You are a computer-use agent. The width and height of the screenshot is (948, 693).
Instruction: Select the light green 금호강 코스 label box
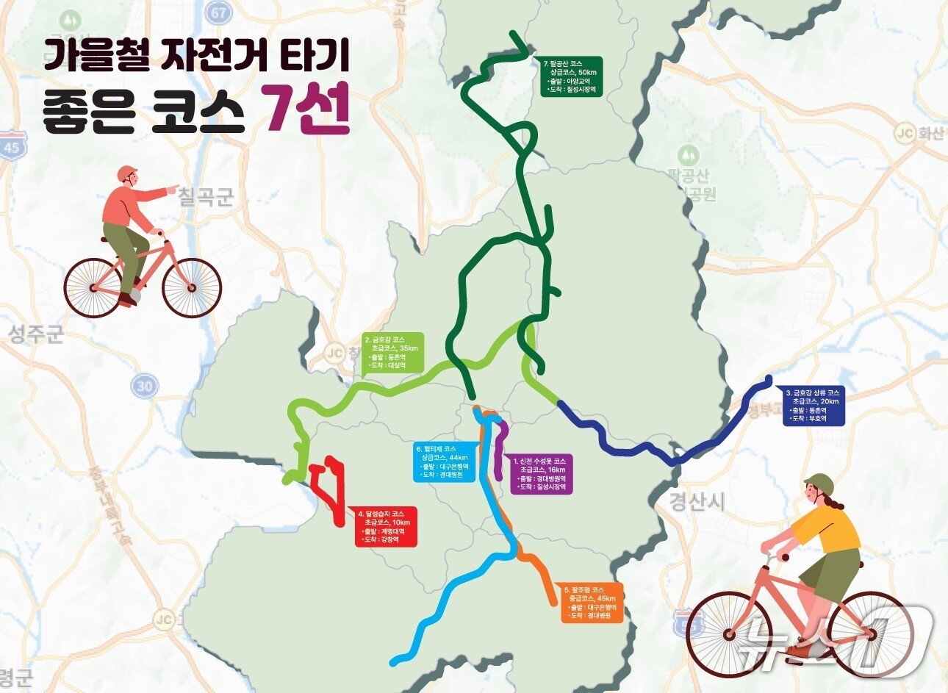pos(393,352)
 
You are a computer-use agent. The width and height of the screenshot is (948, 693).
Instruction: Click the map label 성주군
pos(36,336)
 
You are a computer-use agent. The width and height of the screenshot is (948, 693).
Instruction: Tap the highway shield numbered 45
pos(11,146)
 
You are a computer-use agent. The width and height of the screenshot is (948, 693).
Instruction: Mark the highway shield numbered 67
pos(218,11)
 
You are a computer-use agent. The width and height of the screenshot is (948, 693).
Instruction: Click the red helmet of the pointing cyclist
pos(127,173)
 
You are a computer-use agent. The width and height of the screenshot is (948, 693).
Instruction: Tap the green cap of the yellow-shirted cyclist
pos(819,484)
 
